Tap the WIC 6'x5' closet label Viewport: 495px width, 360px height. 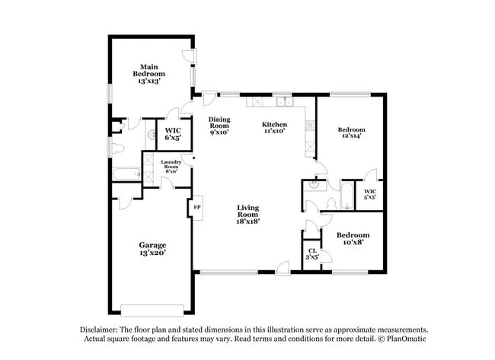pyautogui.click(x=172, y=135)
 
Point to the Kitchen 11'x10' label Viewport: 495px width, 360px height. pyautogui.click(x=274, y=127)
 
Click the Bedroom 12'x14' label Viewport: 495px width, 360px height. pyautogui.click(x=351, y=134)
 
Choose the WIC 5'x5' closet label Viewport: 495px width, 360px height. pyautogui.click(x=370, y=194)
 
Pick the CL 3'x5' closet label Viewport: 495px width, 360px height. pyautogui.click(x=312, y=254)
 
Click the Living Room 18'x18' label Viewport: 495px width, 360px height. pyautogui.click(x=248, y=215)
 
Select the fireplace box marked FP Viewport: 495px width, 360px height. pyautogui.click(x=196, y=207)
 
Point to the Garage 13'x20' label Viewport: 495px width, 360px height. pyautogui.click(x=152, y=249)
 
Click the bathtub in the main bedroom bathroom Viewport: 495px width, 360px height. pyautogui.click(x=126, y=174)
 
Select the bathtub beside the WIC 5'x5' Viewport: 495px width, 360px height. pyautogui.click(x=346, y=196)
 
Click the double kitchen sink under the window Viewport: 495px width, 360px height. pyautogui.click(x=284, y=100)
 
